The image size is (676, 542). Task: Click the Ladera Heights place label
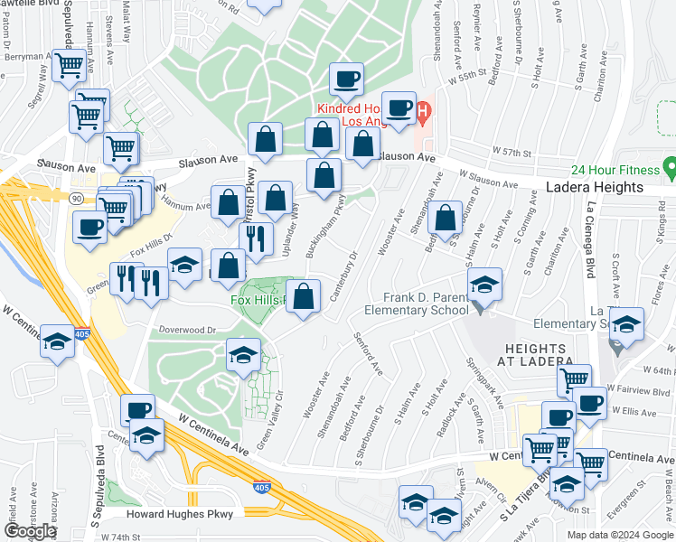594,188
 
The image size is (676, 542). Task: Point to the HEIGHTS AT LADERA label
533,354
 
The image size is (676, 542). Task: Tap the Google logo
30,531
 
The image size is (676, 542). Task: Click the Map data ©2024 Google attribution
619,535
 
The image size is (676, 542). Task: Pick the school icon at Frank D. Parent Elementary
485,286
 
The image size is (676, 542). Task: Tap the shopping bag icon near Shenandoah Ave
445,218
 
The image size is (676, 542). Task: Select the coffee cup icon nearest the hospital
398,109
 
